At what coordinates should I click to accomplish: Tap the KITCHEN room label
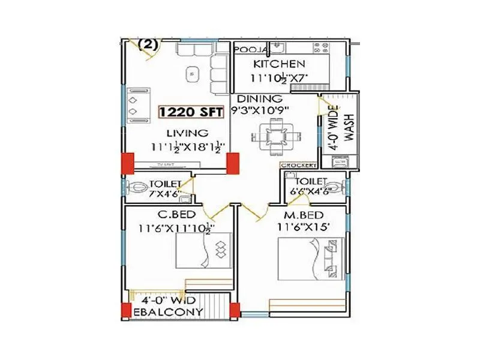click(279, 64)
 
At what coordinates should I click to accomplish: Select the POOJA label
click(246, 49)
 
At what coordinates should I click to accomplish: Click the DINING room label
click(259, 98)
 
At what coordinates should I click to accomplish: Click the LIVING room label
click(188, 133)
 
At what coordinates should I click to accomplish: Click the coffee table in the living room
click(192, 73)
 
